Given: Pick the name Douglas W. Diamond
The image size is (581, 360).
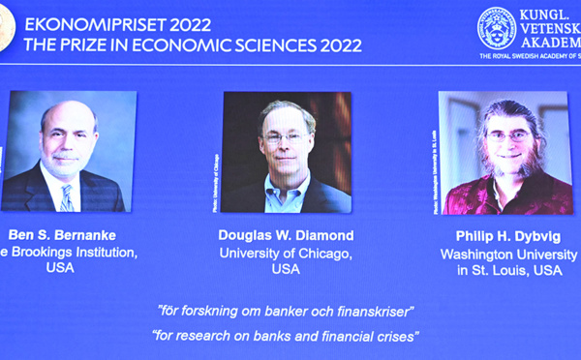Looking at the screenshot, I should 286,235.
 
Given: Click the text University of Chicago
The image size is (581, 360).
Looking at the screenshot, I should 286,253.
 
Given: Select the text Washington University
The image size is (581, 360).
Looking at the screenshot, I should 503,254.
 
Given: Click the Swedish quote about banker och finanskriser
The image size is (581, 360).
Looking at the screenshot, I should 287,311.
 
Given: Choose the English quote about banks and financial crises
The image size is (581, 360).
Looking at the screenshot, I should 286,336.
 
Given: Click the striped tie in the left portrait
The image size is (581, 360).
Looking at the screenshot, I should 66,195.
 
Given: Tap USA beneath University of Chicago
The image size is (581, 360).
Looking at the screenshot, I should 286,270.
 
